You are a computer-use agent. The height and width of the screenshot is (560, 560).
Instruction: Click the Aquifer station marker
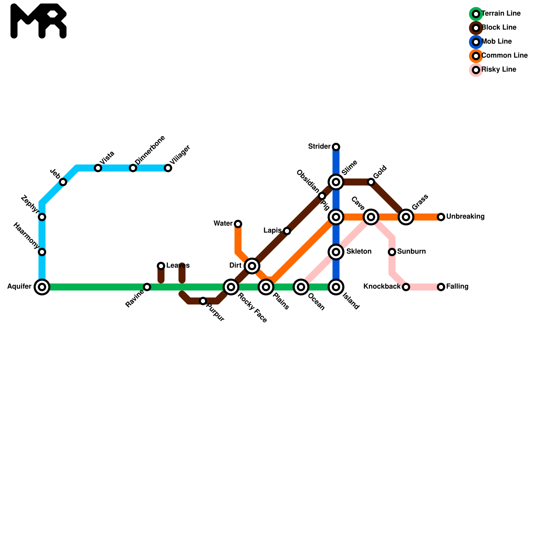[x=42, y=287]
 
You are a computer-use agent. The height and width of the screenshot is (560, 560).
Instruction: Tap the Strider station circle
[x=336, y=147]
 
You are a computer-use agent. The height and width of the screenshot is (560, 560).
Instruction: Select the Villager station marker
[x=168, y=168]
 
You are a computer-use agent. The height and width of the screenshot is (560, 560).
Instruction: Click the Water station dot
[x=238, y=224]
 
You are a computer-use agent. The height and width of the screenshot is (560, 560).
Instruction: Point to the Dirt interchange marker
[x=252, y=266]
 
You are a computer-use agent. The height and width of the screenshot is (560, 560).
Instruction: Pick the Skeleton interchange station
[x=336, y=252]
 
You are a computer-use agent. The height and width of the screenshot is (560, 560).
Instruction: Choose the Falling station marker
[x=441, y=287]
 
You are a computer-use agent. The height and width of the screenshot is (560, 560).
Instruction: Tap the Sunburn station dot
[x=392, y=252]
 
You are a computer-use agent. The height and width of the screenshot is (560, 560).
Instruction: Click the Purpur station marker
[x=203, y=301]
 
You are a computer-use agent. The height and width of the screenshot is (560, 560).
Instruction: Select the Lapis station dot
[x=287, y=231]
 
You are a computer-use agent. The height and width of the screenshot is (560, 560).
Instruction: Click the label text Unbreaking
[x=465, y=217]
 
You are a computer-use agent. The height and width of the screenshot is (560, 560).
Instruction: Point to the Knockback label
[x=381, y=287]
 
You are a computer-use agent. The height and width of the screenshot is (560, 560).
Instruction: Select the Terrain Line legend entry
[x=501, y=14]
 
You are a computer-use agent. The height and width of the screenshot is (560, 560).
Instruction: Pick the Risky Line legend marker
[x=476, y=70]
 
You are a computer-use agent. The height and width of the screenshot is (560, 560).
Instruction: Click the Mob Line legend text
[x=496, y=42]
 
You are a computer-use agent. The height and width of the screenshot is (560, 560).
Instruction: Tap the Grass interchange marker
[x=406, y=217]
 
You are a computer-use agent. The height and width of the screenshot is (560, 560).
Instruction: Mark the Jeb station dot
[x=63, y=182]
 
